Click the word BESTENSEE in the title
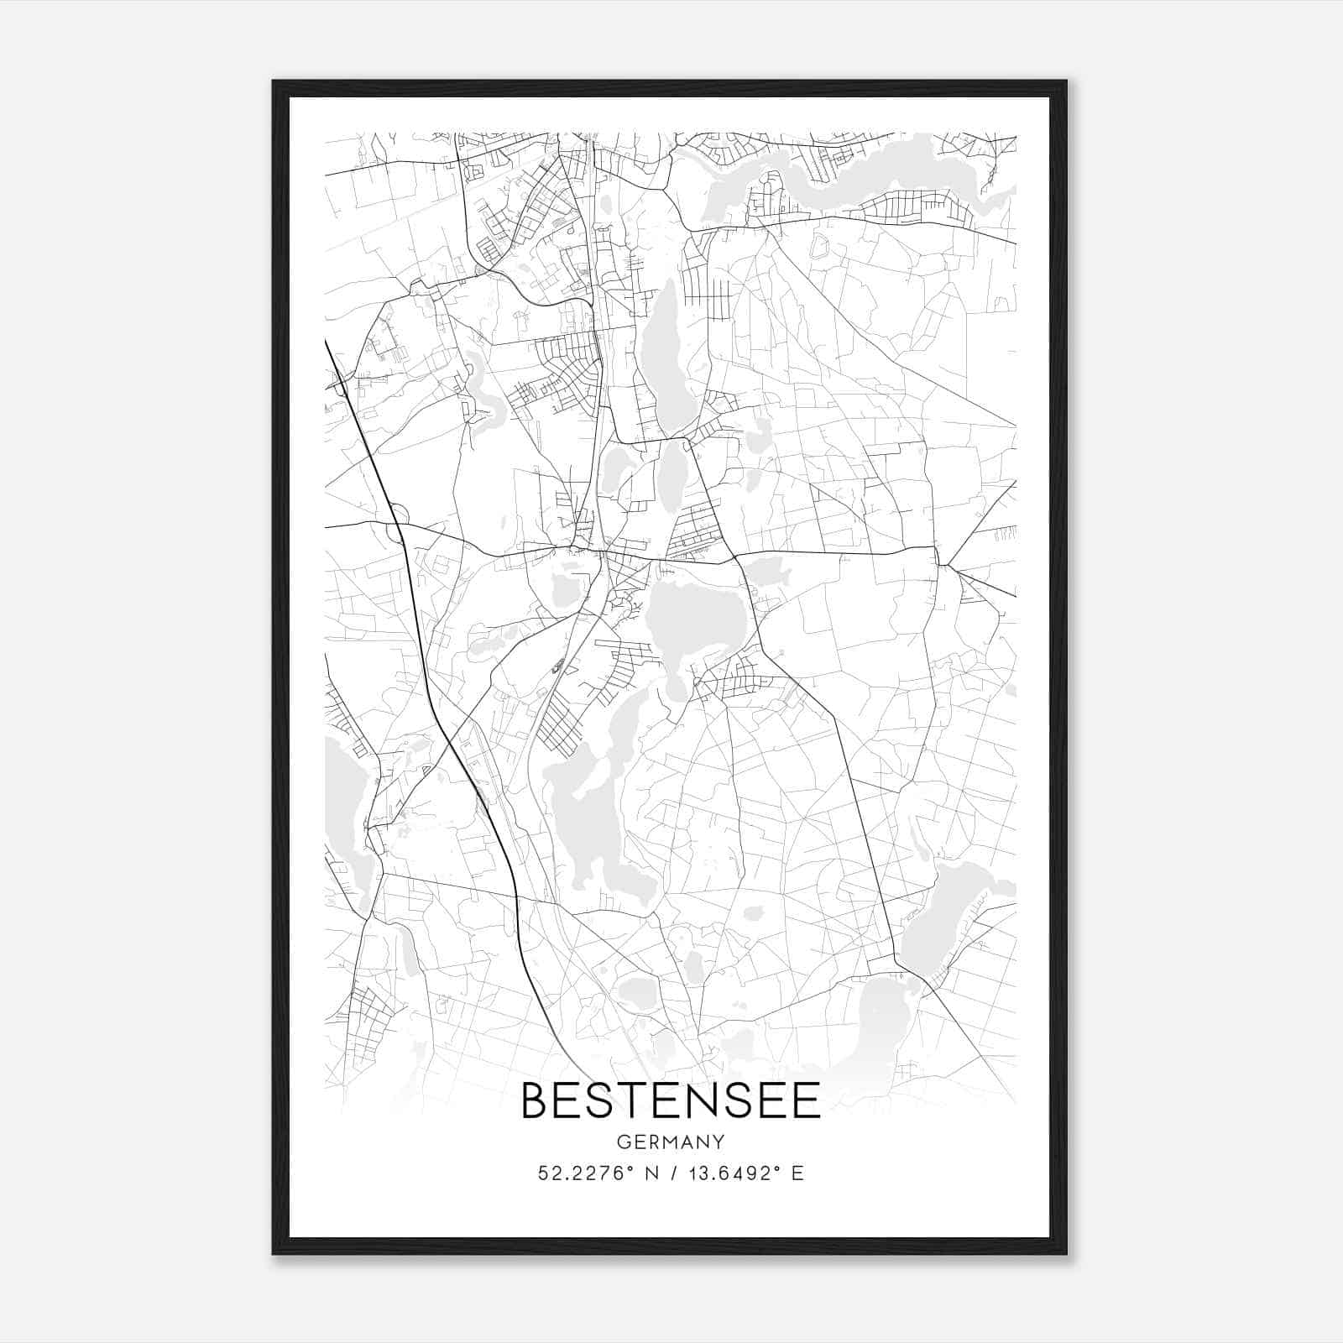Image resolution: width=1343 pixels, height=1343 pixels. (x=671, y=1100)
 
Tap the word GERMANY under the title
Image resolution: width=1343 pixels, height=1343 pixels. (x=671, y=1142)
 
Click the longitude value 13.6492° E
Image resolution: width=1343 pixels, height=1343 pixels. (x=745, y=1173)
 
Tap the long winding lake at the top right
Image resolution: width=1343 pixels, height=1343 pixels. (x=881, y=172)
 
